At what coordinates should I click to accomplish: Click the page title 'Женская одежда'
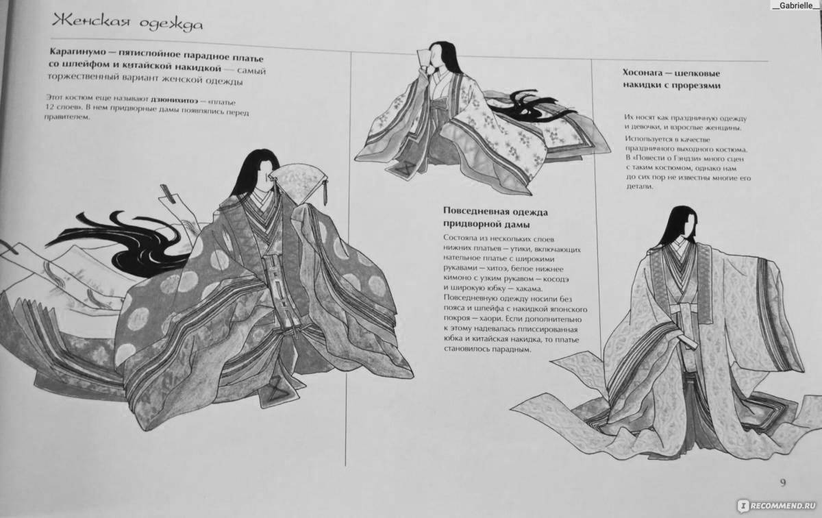(x=126, y=24)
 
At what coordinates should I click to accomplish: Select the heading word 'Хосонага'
(x=646, y=73)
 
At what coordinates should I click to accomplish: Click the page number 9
(x=783, y=482)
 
